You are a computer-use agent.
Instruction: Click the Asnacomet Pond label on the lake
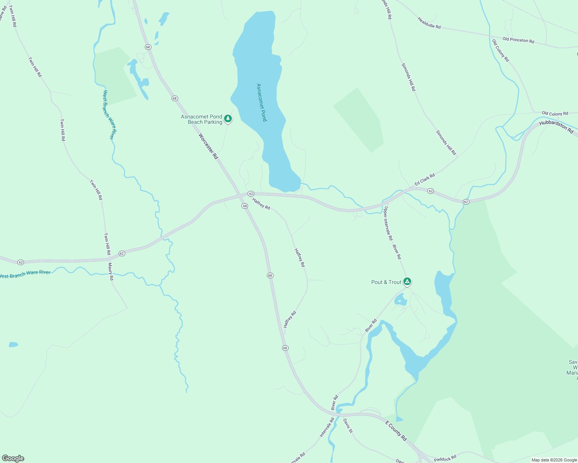point(262,103)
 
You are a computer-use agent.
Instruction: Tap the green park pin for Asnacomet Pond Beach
point(228,118)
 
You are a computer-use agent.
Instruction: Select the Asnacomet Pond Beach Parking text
point(202,119)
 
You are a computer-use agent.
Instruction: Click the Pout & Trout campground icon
point(407,282)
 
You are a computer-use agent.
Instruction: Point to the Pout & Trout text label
point(386,282)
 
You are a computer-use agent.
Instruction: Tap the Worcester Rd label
point(208,146)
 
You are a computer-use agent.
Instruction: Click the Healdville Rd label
point(429,23)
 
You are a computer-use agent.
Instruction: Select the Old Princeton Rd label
point(518,40)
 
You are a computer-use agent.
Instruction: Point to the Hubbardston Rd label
point(556,127)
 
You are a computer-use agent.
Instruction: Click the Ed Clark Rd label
point(425,180)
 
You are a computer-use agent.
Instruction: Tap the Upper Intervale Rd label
point(388,223)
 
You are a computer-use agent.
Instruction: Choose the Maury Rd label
point(111,271)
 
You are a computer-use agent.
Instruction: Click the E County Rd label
point(396,431)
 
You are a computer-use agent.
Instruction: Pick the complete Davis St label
point(348,426)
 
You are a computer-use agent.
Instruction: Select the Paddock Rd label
point(445,459)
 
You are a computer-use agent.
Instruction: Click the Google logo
point(13,458)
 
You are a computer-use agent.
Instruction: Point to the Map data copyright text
point(554,460)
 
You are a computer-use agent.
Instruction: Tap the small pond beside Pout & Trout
point(400,299)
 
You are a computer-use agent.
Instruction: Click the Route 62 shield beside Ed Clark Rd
point(431,191)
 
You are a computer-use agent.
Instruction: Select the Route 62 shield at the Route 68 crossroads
point(251,193)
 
